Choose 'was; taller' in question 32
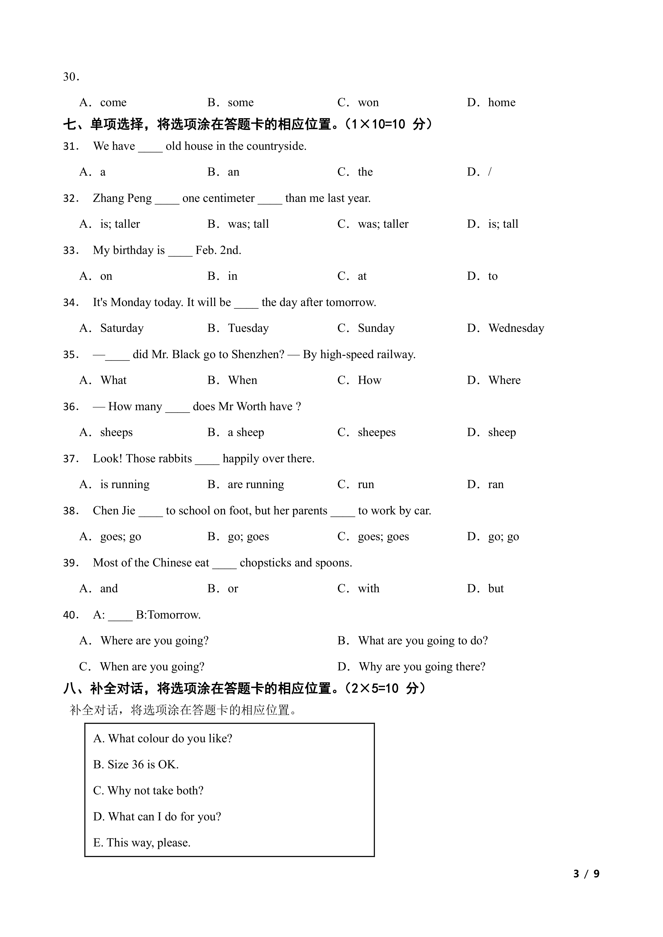[x=383, y=224]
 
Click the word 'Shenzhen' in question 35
[x=257, y=354]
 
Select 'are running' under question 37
[x=256, y=485]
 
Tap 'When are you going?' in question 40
[x=152, y=667]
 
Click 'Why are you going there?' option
[x=422, y=667]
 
